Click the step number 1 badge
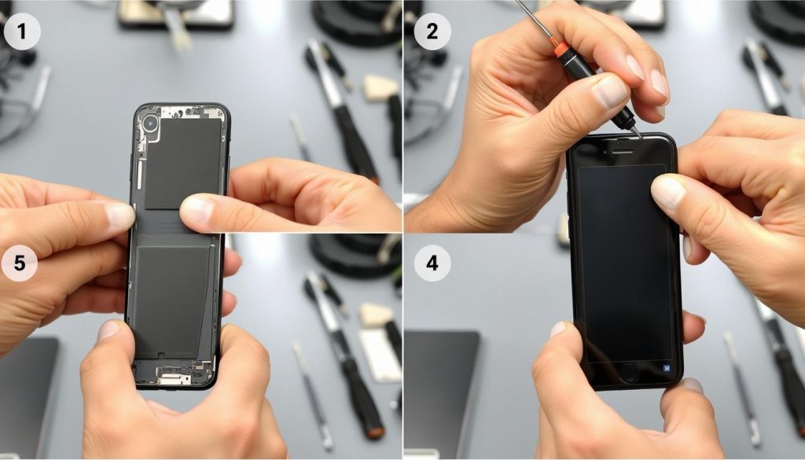click(21, 31)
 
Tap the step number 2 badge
click(432, 31)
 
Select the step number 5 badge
click(20, 263)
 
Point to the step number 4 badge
click(432, 263)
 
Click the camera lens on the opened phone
click(151, 123)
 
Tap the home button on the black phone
click(629, 372)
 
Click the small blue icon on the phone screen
click(667, 367)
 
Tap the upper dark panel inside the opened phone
click(182, 164)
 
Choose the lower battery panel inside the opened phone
click(171, 300)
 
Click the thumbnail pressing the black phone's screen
click(668, 193)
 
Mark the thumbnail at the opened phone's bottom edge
click(108, 329)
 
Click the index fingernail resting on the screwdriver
click(611, 91)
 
